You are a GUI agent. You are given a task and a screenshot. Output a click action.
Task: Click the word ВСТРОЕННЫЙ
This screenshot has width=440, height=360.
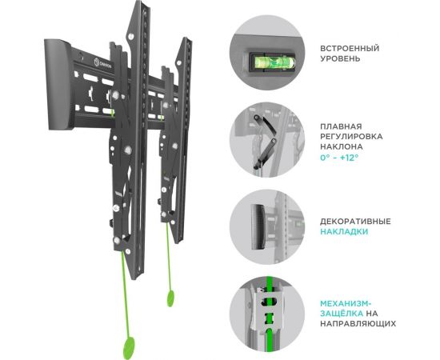[350, 49]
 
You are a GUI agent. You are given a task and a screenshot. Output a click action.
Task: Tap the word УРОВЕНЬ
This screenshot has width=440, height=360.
[340, 59]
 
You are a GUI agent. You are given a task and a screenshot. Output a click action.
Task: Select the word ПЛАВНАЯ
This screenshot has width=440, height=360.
[341, 126]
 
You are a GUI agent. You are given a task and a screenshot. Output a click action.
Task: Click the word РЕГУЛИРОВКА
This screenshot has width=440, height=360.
[351, 137]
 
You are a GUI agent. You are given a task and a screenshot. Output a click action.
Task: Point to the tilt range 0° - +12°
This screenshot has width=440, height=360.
[339, 158]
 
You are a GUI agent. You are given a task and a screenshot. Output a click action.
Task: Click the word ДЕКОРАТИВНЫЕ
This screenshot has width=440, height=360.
[355, 222]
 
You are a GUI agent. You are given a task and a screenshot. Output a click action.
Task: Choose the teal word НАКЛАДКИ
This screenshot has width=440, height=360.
[344, 232]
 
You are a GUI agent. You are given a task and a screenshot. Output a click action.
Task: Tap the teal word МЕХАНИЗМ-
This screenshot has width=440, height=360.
[346, 303]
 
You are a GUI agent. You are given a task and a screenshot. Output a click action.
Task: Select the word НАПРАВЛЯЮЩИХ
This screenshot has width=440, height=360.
[358, 323]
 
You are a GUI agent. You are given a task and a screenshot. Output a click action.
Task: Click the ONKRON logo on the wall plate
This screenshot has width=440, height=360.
[102, 63]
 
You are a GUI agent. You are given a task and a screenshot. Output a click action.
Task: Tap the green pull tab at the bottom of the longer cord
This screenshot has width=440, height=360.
[129, 348]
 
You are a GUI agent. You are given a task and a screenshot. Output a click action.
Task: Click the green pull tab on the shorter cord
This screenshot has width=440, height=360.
[170, 298]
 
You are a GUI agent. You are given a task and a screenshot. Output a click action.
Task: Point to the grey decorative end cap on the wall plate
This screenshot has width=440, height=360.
[58, 84]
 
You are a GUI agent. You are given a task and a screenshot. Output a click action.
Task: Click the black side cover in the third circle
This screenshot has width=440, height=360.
[258, 226]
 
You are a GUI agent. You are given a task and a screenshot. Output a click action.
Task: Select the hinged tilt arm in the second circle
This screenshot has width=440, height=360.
[265, 142]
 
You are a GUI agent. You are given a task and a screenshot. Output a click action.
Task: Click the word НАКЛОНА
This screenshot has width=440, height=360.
[342, 146]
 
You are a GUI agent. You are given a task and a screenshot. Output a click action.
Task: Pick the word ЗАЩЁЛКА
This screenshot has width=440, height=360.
[342, 314]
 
